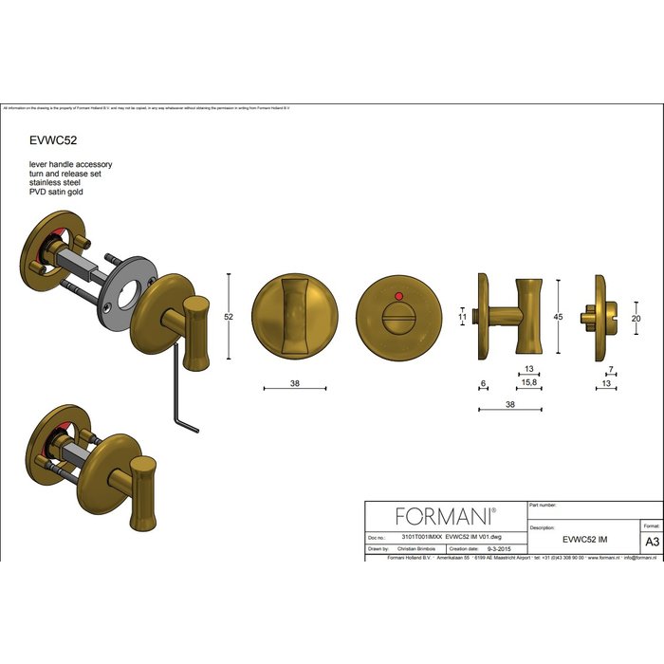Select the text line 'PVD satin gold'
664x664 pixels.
click(57, 193)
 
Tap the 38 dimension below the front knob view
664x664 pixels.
click(294, 384)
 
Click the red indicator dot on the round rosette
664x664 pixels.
click(398, 298)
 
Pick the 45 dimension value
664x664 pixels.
click(560, 318)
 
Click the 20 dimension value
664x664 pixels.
click(636, 319)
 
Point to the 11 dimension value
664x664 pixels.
click(464, 318)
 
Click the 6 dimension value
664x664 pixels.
click(483, 384)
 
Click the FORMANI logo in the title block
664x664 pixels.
click(445, 516)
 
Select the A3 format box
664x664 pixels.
click(652, 541)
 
